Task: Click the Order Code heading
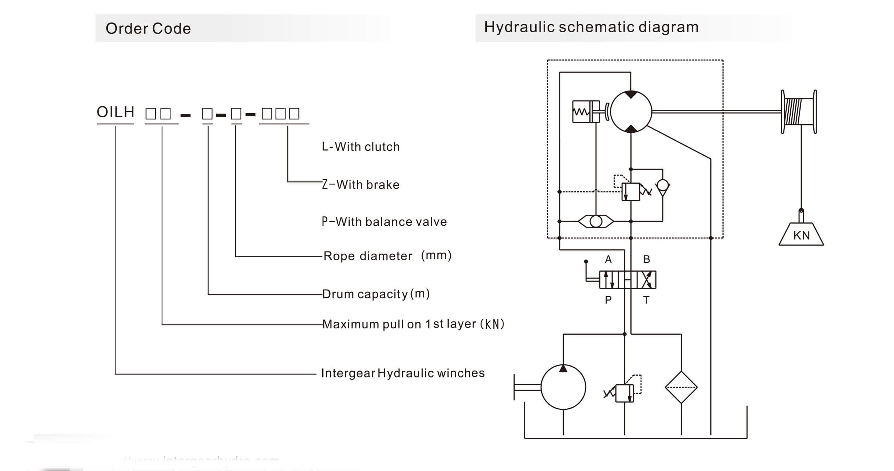click(148, 29)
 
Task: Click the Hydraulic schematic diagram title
click(591, 27)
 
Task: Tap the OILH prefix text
click(115, 112)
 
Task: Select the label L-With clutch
click(361, 147)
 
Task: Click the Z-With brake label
click(361, 184)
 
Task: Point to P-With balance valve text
click(384, 222)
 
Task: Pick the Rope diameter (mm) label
click(387, 255)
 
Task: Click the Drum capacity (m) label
click(376, 294)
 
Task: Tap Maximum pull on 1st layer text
click(413, 324)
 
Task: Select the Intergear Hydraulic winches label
click(403, 373)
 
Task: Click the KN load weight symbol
click(801, 235)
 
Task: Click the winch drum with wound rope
click(798, 111)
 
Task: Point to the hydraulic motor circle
click(631, 111)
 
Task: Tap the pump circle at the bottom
click(563, 387)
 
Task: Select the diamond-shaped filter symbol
click(681, 387)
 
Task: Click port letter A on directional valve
click(608, 260)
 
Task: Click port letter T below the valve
click(646, 300)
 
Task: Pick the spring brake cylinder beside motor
click(585, 111)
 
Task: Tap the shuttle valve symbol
click(596, 221)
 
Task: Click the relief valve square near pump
click(625, 393)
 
